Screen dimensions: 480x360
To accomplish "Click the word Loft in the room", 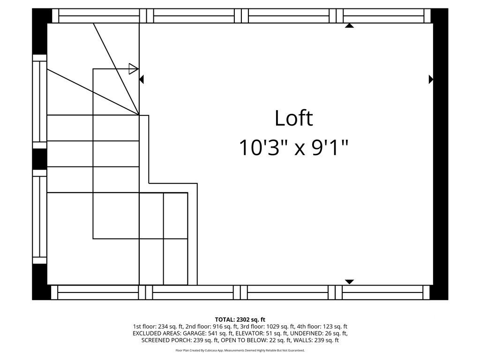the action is [293, 118].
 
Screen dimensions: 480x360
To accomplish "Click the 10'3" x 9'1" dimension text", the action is [293, 148].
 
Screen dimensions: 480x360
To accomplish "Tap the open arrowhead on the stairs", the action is [134, 68].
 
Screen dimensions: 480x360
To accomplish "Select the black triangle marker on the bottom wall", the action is [349, 282].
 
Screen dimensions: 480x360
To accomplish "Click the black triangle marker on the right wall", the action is [431, 79].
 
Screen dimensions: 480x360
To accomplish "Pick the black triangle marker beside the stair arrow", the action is [141, 79].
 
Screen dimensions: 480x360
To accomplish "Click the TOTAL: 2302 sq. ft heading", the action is [240, 320].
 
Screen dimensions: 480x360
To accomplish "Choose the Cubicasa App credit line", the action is [240, 350].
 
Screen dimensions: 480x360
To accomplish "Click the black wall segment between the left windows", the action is [39, 159].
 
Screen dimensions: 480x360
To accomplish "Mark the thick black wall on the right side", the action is [440, 154].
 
